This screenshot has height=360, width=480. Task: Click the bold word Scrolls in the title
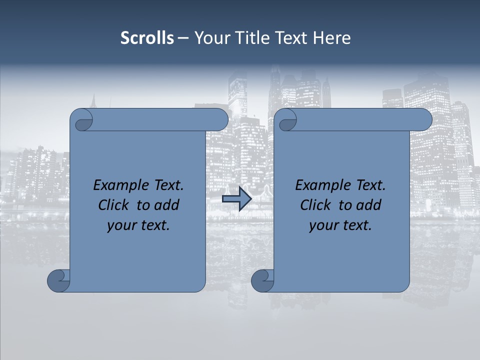[147, 38]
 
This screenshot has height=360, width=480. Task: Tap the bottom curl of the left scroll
[59, 280]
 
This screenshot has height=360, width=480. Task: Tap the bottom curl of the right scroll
[262, 280]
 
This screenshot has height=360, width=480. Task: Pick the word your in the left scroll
[120, 225]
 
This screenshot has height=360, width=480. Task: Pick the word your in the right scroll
[322, 225]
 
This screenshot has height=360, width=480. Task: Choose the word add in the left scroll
[168, 205]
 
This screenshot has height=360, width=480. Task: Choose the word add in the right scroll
[370, 205]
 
